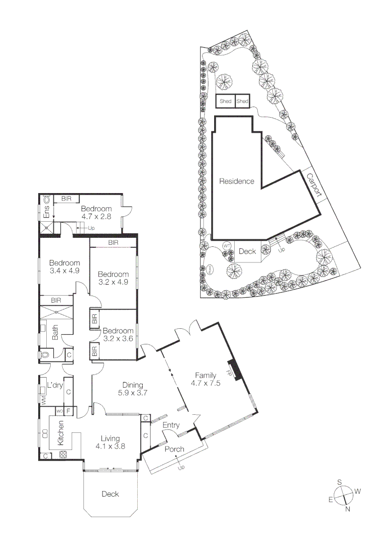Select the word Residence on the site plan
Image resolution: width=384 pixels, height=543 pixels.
point(236,182)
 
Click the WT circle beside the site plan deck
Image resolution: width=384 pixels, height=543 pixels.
point(227,245)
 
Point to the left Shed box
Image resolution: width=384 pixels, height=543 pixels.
point(225,101)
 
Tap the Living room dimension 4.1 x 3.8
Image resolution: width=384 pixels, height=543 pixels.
point(110,446)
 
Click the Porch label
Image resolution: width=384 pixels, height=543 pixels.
point(174,449)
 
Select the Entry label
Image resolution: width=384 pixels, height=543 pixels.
point(171,425)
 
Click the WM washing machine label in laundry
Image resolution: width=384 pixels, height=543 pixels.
point(44,401)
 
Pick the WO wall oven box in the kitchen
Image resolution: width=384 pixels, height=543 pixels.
point(59,411)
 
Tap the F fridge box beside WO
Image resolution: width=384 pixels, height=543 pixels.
point(69,411)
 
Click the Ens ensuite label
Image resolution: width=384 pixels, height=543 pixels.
point(46,211)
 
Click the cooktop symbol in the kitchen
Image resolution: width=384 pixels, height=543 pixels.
point(64,455)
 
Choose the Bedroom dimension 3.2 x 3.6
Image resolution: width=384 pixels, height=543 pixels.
point(118,339)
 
